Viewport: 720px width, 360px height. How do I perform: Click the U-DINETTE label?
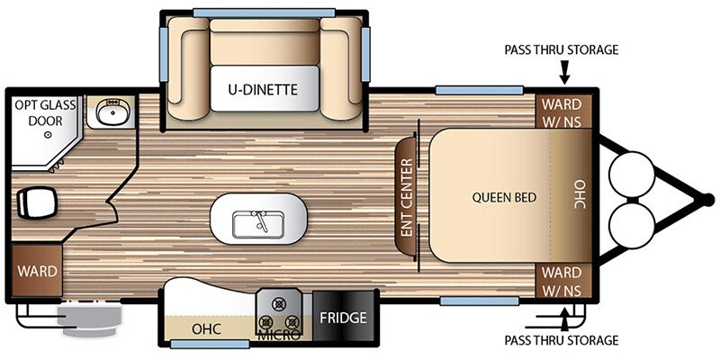(263, 88)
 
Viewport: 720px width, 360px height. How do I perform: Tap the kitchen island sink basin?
(257, 224)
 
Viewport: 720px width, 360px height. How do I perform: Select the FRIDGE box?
(344, 318)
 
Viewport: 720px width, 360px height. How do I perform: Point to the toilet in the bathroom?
(36, 202)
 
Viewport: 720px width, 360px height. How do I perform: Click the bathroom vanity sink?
(110, 112)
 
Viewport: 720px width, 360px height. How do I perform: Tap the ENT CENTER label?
(407, 198)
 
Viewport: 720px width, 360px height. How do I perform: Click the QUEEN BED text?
(504, 197)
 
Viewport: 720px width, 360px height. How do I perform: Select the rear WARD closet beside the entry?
(37, 271)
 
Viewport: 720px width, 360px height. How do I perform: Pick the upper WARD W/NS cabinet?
(562, 112)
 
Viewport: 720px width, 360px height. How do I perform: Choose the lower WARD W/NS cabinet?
(562, 280)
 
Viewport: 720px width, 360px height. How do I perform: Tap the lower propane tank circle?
(631, 226)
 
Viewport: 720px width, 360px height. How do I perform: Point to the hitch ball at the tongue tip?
(708, 200)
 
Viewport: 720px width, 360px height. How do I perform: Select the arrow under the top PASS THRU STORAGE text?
(564, 73)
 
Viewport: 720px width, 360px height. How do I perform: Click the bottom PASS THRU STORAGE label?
(561, 340)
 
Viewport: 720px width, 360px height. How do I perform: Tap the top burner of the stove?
(277, 303)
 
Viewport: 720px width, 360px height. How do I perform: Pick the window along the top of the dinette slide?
(264, 13)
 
